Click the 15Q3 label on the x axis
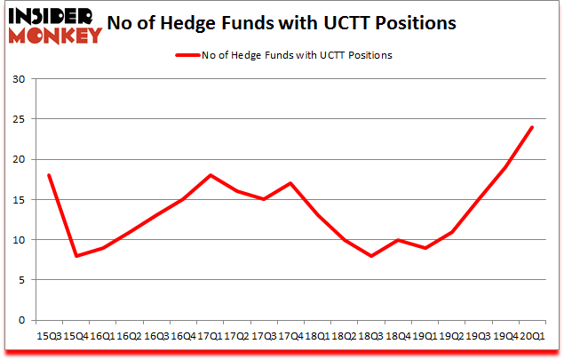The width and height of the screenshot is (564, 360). click(48, 337)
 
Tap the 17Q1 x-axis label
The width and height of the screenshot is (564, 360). click(209, 337)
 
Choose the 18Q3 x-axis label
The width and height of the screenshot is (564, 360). click(370, 337)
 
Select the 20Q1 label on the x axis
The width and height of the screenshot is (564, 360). click(531, 337)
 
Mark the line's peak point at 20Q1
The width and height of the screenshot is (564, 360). click(531, 127)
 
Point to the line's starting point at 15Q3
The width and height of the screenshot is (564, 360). click(48, 175)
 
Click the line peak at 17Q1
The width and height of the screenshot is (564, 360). click(209, 175)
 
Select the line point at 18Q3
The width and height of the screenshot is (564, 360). click(370, 256)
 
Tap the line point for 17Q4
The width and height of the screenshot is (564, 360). click(290, 183)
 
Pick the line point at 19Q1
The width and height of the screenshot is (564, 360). click(424, 248)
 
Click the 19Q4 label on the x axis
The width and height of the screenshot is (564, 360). click(504, 337)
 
